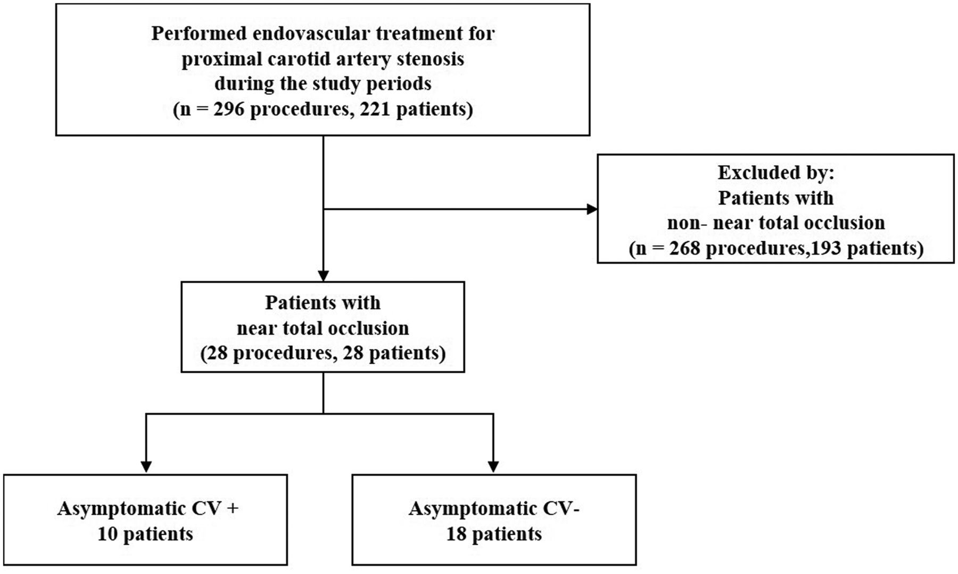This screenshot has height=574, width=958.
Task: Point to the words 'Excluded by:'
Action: coord(776,173)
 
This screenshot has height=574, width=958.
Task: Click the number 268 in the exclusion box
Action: coord(685,248)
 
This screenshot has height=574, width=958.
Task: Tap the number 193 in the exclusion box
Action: coord(826,248)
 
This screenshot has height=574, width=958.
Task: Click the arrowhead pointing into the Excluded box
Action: coord(592,209)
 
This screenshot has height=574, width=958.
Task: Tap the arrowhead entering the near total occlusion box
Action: coord(323,276)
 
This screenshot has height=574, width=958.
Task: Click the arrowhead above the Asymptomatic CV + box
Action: coord(146,466)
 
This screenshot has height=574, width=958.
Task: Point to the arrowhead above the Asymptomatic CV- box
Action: coord(493,466)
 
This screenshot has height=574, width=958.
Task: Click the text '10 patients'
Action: coord(145,534)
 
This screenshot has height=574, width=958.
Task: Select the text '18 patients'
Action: coord(494,534)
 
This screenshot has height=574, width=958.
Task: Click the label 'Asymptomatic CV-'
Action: coord(494,509)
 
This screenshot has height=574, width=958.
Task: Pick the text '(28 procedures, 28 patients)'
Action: coord(323,353)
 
